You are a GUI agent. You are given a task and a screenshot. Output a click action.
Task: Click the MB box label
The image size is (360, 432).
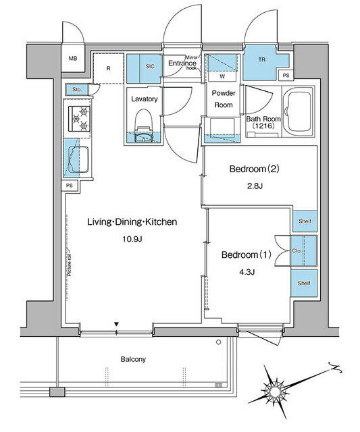click(72, 59)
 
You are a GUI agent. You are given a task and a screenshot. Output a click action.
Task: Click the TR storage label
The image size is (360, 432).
click(259, 59)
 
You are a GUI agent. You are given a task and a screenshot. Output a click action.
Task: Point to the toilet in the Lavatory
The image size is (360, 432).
click(143, 129)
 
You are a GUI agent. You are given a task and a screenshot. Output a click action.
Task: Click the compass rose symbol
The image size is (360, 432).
click(276, 389)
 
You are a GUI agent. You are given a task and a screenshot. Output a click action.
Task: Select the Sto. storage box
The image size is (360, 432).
click(74, 89)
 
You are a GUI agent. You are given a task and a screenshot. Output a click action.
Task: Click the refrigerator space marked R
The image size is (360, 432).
click(108, 67)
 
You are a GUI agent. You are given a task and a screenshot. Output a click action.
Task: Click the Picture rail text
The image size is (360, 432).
click(70, 263)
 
